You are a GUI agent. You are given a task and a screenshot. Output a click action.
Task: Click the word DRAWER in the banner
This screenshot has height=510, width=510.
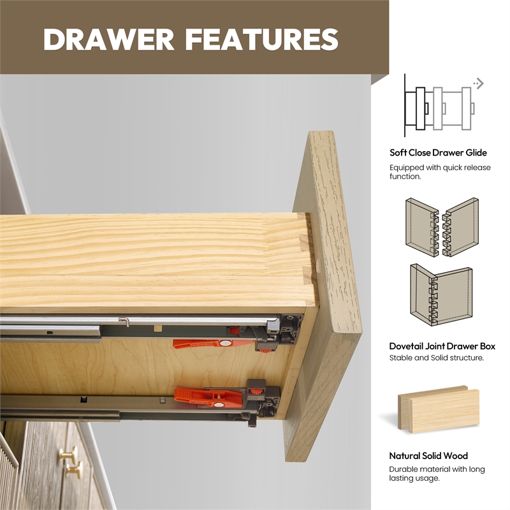click(x=108, y=40)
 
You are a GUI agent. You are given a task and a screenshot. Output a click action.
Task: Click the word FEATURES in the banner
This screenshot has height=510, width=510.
click(x=262, y=40)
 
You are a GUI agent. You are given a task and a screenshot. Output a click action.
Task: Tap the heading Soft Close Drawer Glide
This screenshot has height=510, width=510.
click(x=438, y=152)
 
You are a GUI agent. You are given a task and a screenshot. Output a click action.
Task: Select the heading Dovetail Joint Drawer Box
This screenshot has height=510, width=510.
click(x=442, y=346)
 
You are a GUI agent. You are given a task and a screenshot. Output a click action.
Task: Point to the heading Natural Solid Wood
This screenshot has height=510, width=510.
click(x=428, y=456)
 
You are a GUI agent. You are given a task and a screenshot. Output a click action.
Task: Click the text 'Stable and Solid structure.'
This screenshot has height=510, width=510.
click(x=437, y=358)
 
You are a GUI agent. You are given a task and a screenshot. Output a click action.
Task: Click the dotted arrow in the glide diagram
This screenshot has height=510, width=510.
click(x=479, y=84)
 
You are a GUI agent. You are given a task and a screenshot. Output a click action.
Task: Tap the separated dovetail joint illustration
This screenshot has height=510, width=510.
click(x=442, y=227)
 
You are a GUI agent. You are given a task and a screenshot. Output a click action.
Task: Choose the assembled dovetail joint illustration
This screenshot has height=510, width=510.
click(x=441, y=295)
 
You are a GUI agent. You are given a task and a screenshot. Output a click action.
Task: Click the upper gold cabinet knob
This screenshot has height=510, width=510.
click(x=69, y=454)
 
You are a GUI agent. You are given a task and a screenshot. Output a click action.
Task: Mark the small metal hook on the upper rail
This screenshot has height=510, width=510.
click(x=124, y=322)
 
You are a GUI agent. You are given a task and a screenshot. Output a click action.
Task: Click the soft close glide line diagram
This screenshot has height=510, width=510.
click(x=439, y=106)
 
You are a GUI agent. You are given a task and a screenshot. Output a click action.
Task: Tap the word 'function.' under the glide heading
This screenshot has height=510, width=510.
click(x=405, y=177)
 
